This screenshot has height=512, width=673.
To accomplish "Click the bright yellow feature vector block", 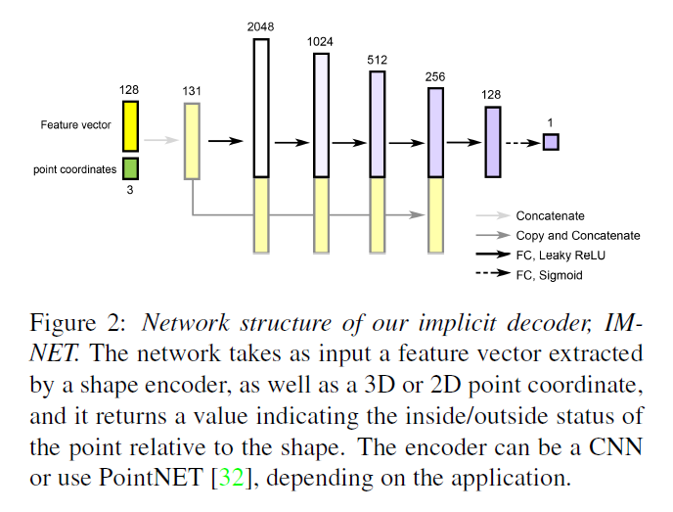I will pyautogui.click(x=130, y=126).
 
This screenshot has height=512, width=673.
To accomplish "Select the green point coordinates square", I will pyautogui.click(x=130, y=168).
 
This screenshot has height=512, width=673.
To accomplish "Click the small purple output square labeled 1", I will pyautogui.click(x=551, y=142).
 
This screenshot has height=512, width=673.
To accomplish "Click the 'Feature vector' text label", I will pyautogui.click(x=76, y=125).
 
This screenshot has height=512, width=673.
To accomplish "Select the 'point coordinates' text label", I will pyautogui.click(x=74, y=169).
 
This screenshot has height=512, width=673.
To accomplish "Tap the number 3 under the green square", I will pyautogui.click(x=130, y=190).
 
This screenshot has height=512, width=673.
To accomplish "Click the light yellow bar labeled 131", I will pyautogui.click(x=192, y=141).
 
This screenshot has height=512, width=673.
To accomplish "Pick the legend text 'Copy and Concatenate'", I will pyautogui.click(x=577, y=235).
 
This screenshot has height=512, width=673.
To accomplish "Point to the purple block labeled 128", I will pyautogui.click(x=493, y=142).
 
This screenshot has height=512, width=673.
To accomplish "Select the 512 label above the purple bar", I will pyautogui.click(x=378, y=59).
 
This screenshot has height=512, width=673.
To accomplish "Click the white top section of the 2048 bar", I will pyautogui.click(x=261, y=108).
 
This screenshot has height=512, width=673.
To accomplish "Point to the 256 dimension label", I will pyautogui.click(x=435, y=76).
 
